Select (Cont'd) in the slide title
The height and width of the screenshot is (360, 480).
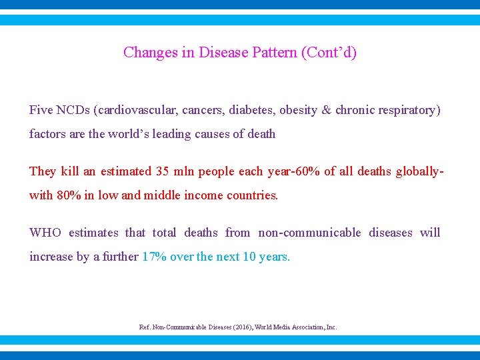click(x=329, y=53)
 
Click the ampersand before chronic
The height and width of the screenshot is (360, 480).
click(x=326, y=109)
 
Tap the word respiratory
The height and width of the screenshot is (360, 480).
click(x=410, y=109)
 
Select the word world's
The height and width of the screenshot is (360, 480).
click(x=131, y=134)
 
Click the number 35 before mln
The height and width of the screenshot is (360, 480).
click(x=162, y=171)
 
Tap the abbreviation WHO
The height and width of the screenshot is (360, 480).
click(x=45, y=233)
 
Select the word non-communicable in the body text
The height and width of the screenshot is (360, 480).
click(x=309, y=233)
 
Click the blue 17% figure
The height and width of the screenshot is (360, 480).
click(x=155, y=257)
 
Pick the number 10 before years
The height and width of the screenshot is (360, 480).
click(x=249, y=257)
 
